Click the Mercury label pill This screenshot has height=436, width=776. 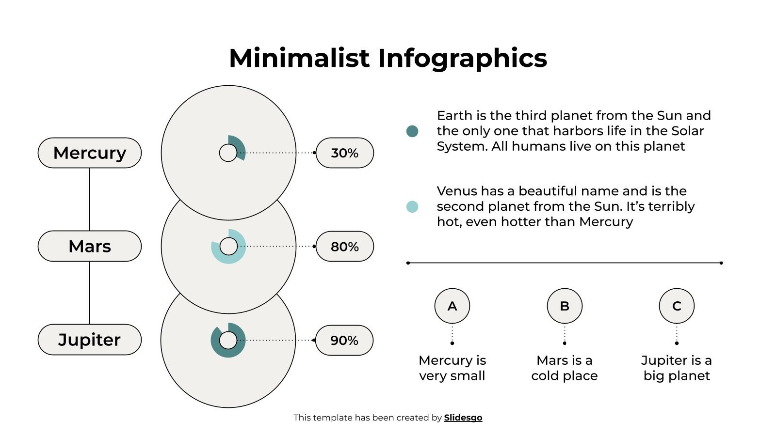point(90,153)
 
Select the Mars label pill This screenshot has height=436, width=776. point(90,246)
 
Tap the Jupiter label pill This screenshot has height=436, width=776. point(90,340)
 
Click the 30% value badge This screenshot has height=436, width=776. point(344,153)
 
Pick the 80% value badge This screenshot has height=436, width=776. point(344,247)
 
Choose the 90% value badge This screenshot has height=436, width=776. point(344,340)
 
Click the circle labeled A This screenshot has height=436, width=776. point(452,306)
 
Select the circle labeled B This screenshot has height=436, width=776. point(565,306)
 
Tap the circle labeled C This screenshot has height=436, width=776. point(677,306)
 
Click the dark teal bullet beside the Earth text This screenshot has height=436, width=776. point(412,131)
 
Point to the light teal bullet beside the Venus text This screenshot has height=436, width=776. point(412,206)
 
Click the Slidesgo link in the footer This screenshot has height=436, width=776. point(463,418)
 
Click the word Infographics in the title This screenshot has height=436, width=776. point(462,58)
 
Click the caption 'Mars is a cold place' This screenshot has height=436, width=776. point(565,368)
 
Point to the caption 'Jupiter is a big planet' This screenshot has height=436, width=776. point(677,368)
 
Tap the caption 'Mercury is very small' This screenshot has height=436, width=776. point(452,368)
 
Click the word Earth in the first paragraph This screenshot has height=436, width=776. point(454,115)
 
